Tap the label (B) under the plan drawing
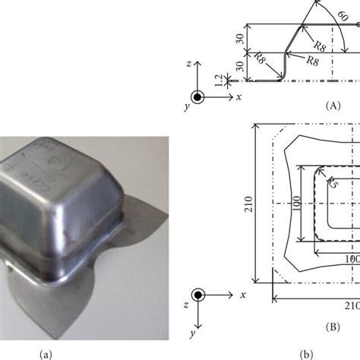tap(332, 327)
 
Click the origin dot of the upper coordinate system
tap(197, 96)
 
